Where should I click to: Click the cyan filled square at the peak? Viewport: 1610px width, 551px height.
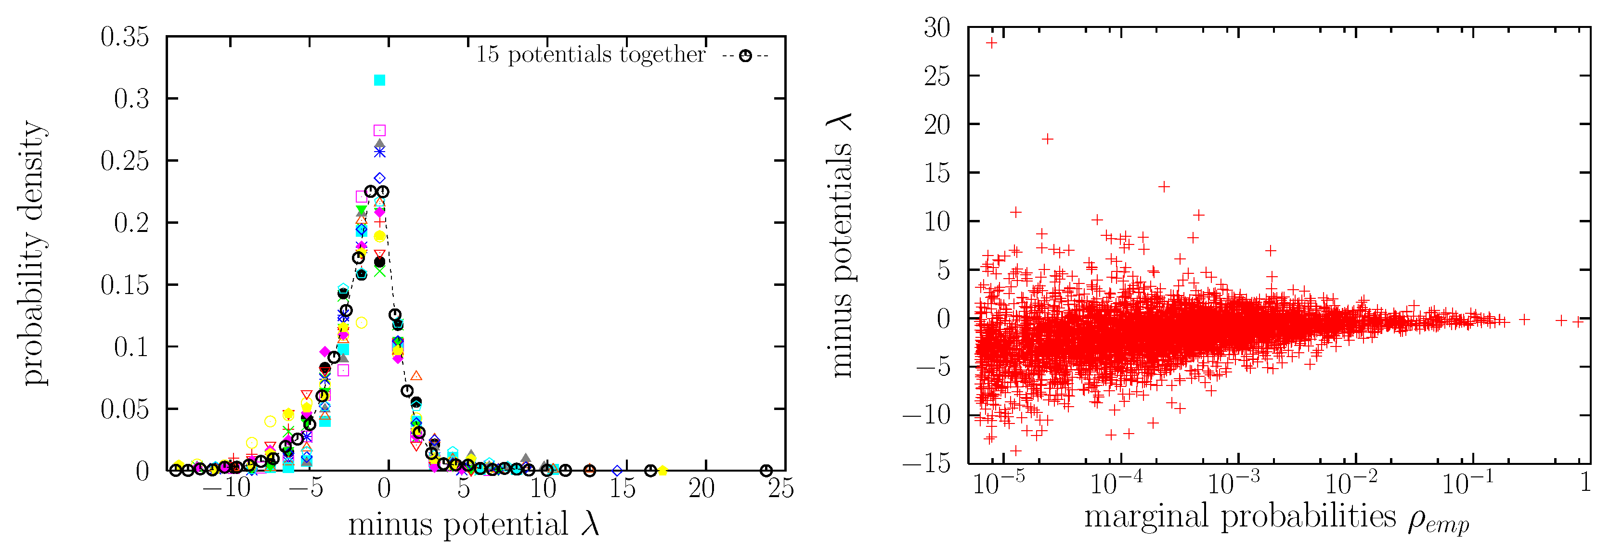pos(379,80)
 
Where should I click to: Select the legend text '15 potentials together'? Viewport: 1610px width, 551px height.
pos(591,55)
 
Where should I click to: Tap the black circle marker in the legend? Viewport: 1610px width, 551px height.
pos(745,56)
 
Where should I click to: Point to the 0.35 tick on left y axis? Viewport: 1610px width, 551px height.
pos(125,37)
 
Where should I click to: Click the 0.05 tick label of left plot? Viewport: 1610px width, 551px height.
pos(125,409)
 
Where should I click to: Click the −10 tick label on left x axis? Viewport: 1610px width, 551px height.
pos(226,488)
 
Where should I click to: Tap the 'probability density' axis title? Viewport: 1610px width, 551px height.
pos(33,253)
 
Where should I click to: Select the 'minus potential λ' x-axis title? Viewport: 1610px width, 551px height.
pos(474,524)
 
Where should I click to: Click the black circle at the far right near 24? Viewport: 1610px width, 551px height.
pos(766,471)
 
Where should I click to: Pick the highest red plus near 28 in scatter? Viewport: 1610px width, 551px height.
pos(991,42)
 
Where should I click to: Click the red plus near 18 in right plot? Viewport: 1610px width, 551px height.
pos(1048,139)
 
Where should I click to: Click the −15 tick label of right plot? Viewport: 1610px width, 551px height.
pos(927,463)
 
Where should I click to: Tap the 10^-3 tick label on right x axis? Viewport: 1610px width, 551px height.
pos(1234,483)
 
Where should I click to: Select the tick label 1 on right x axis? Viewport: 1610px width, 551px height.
pos(1585,483)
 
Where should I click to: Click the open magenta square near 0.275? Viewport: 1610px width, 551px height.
pos(379,130)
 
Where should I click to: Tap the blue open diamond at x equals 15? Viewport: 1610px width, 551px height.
pos(617,471)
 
